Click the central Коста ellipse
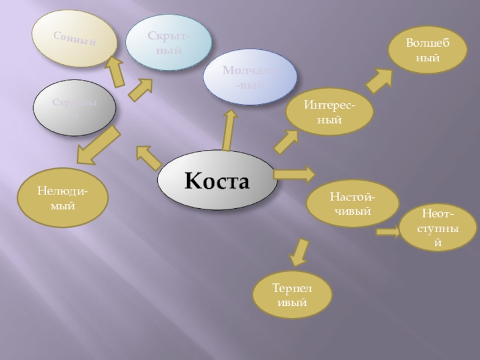[x=217, y=179]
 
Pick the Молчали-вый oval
[x=250, y=77]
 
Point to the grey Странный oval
[x=74, y=109]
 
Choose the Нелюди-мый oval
[x=62, y=199]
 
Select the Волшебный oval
[x=427, y=52]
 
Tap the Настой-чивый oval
[x=353, y=204]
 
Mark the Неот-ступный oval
[x=437, y=228]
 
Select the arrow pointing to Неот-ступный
[x=388, y=232]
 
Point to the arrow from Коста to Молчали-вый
[x=228, y=130]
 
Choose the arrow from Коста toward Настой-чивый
[x=294, y=175]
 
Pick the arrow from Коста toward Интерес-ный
[x=286, y=142]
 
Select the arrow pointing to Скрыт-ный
[x=140, y=90]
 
